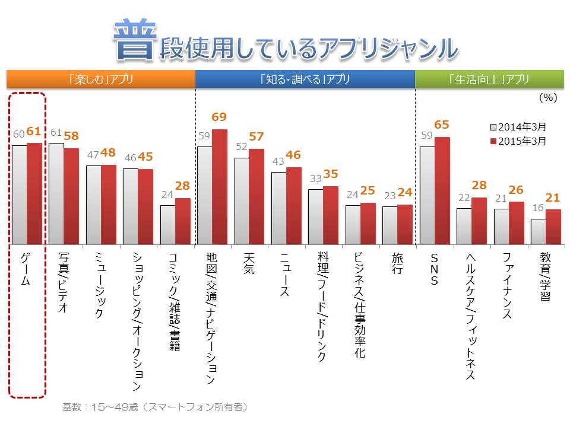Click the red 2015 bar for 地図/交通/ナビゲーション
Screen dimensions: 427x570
coord(220,187)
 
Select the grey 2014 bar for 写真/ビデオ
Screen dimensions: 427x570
coord(56,194)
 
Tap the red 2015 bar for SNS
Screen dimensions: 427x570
coord(442,191)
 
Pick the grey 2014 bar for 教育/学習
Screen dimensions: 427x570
coord(538,232)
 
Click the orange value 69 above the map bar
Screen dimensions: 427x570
coord(219,117)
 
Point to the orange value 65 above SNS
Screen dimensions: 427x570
coord(442,125)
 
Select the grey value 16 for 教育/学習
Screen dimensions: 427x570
coord(538,209)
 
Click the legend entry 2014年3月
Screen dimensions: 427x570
coord(518,127)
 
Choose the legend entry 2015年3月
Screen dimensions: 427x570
coord(518,141)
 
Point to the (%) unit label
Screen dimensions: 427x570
coord(547,98)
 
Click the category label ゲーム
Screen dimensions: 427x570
coord(27,270)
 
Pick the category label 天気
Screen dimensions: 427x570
coord(249,264)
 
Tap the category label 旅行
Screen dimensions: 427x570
coord(397,264)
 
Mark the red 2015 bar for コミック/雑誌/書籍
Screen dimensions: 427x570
coord(182,221)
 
